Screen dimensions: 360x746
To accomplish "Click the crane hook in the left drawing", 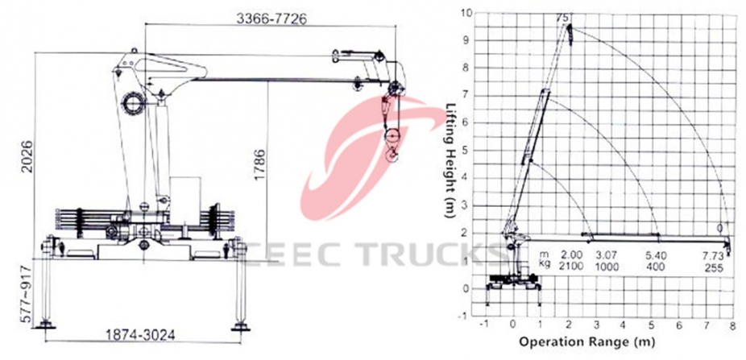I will tap(393, 155).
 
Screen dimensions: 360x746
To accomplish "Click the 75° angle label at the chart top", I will tap(563, 18).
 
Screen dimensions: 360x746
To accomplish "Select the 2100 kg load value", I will tap(571, 265).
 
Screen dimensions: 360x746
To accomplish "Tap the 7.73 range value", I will tap(712, 254).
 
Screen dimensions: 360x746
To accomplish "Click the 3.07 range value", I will tap(606, 254).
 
